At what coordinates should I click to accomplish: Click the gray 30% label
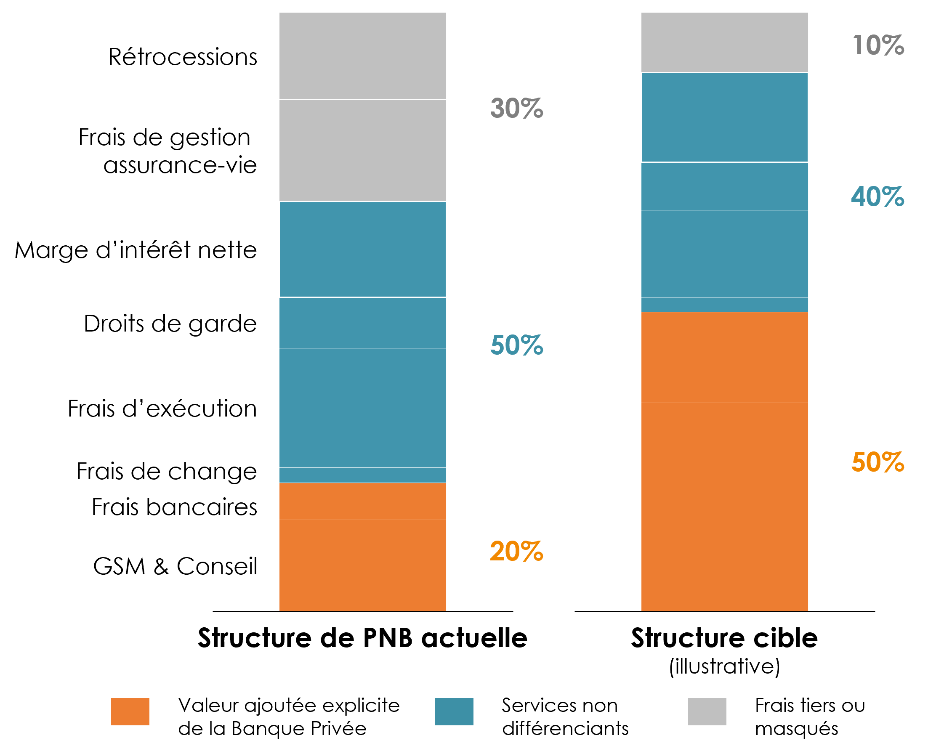point(517,108)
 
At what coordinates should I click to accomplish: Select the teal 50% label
point(517,345)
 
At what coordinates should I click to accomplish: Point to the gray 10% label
point(878,45)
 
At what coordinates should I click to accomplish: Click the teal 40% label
point(878,196)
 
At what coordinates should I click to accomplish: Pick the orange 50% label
point(878,462)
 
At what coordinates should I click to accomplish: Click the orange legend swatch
point(130,711)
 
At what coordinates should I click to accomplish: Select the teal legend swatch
point(454,711)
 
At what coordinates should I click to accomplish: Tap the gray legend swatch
point(707,711)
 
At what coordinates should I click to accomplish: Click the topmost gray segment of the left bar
point(363,56)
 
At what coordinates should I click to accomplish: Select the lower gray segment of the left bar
point(363,150)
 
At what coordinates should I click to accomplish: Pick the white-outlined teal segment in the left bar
point(363,249)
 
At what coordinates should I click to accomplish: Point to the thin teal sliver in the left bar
point(363,475)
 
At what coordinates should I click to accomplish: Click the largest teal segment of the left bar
point(363,408)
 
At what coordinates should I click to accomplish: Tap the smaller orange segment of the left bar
point(363,501)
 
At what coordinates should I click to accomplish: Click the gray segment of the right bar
point(725,42)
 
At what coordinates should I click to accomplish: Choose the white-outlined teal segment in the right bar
point(725,117)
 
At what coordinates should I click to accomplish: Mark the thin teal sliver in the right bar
point(725,304)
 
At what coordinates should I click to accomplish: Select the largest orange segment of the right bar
point(725,506)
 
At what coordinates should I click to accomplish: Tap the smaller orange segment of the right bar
point(725,357)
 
